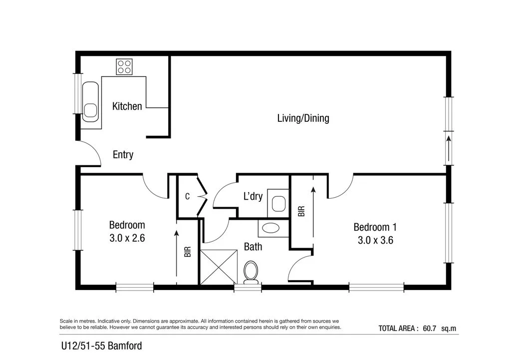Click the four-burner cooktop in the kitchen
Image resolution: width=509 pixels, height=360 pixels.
pos(124,67)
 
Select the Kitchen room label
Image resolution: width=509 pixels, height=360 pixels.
pos(127,106)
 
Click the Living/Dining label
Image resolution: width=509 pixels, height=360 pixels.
pos(303,118)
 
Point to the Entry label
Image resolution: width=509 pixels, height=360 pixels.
pos(123,155)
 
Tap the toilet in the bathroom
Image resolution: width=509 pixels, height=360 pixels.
pos(251,273)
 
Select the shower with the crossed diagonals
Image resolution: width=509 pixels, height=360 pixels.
pos(218,267)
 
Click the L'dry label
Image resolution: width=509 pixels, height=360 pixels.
pos(253,197)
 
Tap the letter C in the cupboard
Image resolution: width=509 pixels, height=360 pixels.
pos(187,197)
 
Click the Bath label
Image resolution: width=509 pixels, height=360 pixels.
pos(253,247)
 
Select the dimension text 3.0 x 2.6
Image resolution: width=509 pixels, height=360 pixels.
pos(127,238)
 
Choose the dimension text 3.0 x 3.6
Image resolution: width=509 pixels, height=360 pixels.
pos(375,240)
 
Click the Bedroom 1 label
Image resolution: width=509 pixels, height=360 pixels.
pos(375,227)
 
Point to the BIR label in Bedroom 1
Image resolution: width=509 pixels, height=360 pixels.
pos(301,211)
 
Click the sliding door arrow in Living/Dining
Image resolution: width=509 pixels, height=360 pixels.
pos(449,148)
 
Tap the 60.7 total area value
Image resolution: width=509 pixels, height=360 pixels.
pos(429,329)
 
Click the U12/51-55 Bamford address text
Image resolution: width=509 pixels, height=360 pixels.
pos(101,346)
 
